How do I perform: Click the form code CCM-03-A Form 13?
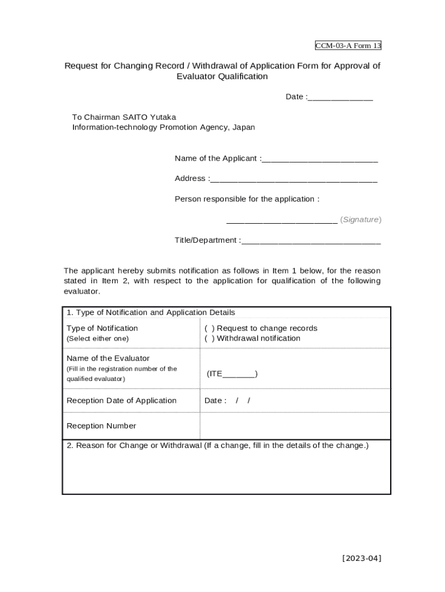point(348,46)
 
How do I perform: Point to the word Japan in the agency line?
point(243,127)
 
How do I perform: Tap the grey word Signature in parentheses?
point(361,220)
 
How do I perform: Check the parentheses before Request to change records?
point(209,328)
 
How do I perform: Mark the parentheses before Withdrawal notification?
point(209,339)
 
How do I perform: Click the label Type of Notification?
point(102,328)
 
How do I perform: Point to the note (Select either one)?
point(98,339)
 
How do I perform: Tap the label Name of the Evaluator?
point(108,358)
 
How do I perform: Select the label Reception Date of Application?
point(121,401)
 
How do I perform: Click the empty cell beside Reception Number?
point(295,426)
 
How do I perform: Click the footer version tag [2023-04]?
point(361,558)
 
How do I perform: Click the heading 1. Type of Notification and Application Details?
point(151,313)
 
